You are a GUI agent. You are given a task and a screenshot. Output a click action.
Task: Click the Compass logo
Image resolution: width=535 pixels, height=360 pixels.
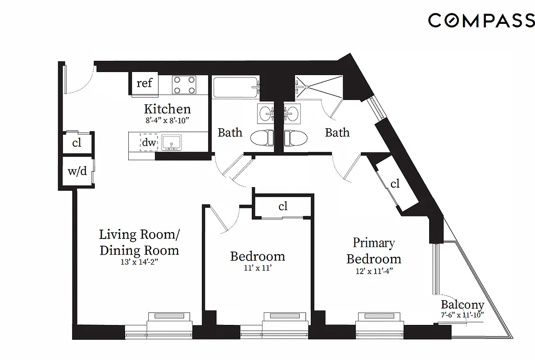(481, 21)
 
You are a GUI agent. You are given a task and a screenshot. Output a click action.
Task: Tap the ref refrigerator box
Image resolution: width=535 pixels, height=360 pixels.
(144, 83)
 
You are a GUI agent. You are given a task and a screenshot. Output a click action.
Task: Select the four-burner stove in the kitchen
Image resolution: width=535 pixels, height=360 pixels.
(185, 85)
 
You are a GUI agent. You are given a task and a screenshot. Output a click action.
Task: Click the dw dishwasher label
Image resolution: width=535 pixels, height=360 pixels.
(149, 143)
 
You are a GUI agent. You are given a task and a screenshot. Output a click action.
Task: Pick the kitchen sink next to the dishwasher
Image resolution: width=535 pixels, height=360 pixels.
(171, 142)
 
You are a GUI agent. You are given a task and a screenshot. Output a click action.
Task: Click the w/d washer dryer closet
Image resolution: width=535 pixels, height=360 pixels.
(77, 171)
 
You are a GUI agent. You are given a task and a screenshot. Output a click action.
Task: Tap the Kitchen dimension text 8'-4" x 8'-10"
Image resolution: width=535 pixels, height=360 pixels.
(168, 120)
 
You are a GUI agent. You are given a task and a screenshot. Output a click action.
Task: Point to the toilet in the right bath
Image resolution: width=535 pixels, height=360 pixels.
(296, 137)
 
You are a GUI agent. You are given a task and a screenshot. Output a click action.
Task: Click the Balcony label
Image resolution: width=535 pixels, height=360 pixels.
(462, 305)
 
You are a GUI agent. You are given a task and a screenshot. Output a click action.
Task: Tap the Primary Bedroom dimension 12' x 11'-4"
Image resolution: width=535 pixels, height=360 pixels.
(373, 271)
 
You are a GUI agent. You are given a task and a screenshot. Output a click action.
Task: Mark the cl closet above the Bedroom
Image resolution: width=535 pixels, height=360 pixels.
(282, 207)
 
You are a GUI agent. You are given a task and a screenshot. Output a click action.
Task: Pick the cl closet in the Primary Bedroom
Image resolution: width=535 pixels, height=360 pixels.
(395, 184)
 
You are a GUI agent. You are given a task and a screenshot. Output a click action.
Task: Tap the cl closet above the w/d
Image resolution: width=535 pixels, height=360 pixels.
(77, 143)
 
